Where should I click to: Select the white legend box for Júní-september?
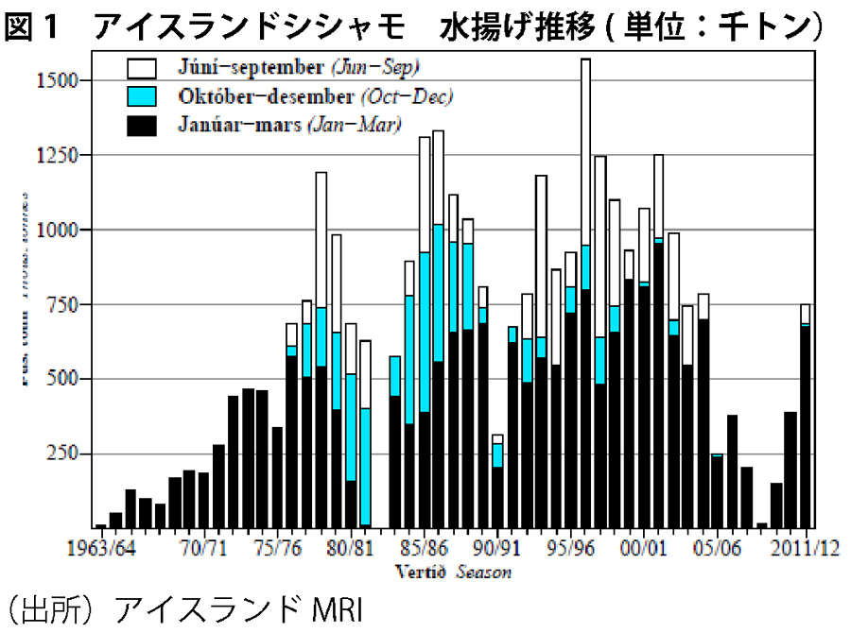(x=142, y=68)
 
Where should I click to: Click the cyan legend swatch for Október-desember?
(x=142, y=96)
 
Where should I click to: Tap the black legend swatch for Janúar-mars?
(x=142, y=125)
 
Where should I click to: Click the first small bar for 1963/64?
(x=100, y=525)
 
